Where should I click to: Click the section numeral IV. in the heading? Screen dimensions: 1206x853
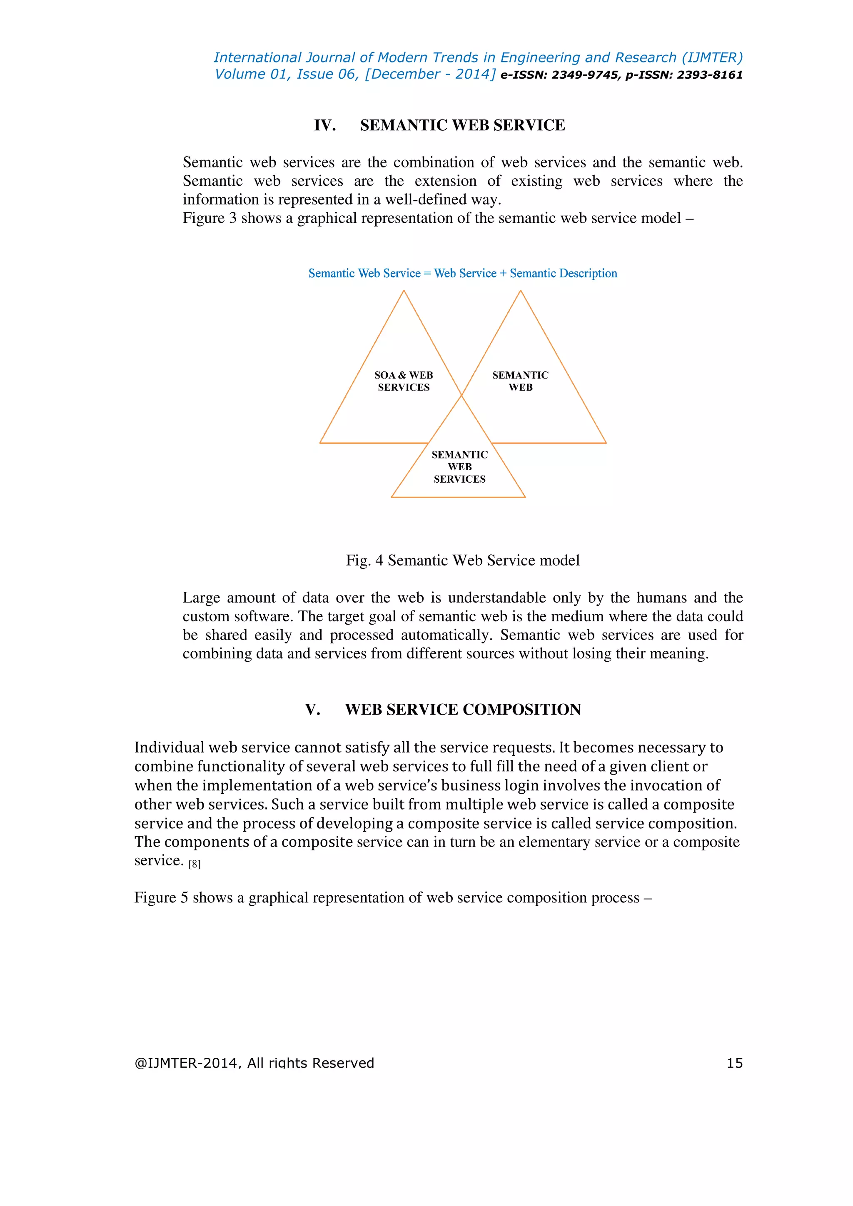point(324,125)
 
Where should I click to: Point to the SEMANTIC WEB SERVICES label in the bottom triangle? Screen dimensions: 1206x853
point(459,466)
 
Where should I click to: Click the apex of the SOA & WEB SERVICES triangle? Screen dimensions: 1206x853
point(404,291)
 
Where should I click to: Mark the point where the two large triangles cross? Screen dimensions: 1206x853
point(461,395)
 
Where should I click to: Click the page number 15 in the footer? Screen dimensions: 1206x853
point(734,1063)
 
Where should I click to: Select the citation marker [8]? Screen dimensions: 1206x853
point(195,864)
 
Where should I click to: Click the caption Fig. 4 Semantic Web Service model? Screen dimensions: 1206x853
point(462,561)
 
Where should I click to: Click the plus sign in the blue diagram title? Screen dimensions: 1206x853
point(503,274)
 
